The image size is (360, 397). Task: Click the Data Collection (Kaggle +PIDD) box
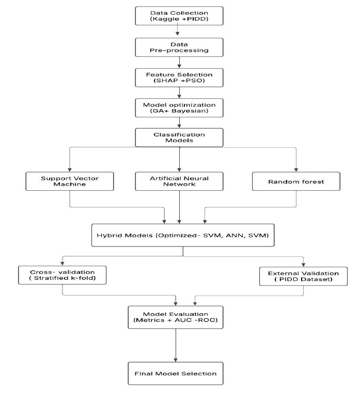(x=179, y=16)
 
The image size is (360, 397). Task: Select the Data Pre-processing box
(x=179, y=48)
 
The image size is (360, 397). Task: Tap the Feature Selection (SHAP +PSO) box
(x=179, y=78)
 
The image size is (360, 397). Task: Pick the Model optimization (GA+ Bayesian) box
(x=179, y=108)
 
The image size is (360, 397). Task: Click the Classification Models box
(x=179, y=138)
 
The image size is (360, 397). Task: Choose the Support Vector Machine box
(x=70, y=181)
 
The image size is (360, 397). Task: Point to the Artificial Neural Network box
(x=179, y=181)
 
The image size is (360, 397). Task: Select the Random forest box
(x=296, y=181)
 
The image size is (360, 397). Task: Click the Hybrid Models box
(x=183, y=235)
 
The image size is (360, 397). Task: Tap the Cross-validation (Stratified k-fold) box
(x=62, y=275)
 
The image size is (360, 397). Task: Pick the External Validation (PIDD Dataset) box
(x=303, y=276)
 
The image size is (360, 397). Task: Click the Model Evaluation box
(x=176, y=317)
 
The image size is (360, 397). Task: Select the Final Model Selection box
(x=176, y=373)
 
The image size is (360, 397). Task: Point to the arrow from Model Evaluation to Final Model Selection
(x=176, y=345)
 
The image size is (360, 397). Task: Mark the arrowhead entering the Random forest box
(x=296, y=170)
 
